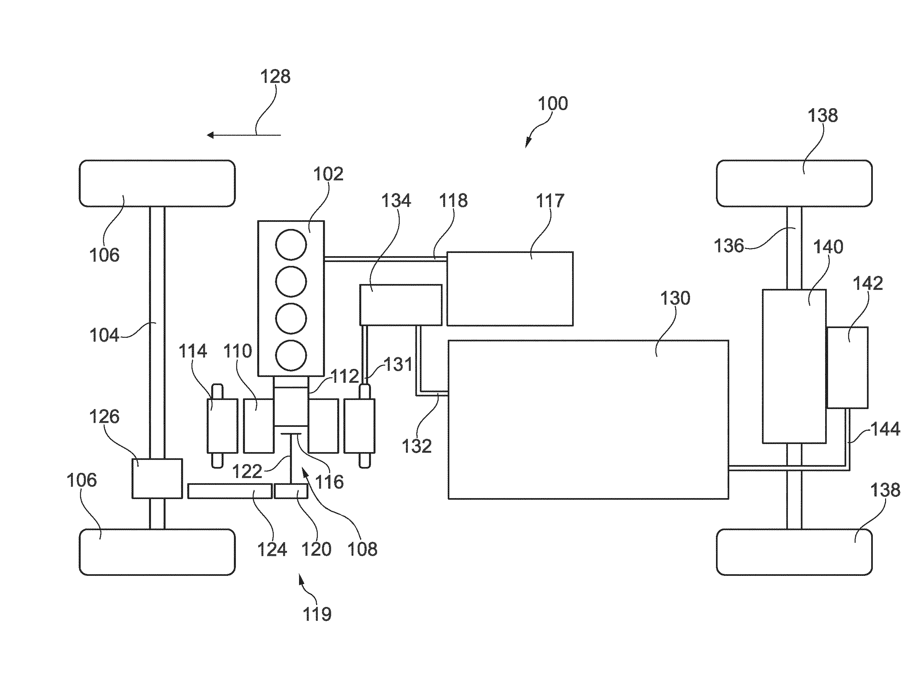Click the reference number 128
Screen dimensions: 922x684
[275, 77]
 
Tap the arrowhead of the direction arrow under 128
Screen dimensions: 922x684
[210, 135]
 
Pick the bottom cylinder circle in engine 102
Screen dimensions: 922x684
[291, 355]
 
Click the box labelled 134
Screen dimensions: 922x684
[400, 305]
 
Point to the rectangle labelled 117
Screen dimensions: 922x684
[510, 289]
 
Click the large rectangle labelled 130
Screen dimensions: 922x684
[588, 420]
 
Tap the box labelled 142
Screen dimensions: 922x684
[847, 368]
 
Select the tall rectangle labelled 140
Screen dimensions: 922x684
[794, 366]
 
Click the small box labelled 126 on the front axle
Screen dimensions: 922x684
[157, 479]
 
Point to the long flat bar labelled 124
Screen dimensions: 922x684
[230, 491]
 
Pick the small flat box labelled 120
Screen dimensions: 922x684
[291, 491]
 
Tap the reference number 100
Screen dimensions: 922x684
[553, 104]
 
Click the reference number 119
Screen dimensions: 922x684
[317, 614]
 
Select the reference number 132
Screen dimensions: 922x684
[417, 446]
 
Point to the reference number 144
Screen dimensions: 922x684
[885, 429]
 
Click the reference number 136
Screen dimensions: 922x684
[729, 246]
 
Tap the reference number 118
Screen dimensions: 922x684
[453, 201]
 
